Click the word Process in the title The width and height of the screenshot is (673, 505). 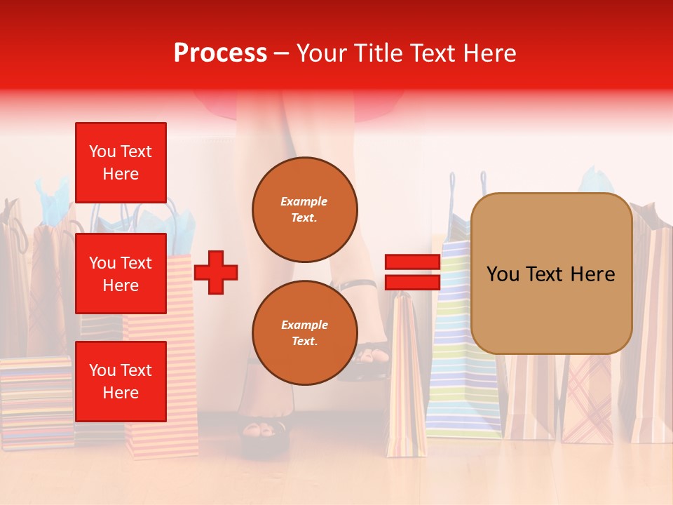(x=220, y=53)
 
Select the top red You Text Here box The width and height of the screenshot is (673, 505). (x=121, y=163)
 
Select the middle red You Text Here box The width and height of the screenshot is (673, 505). (x=121, y=274)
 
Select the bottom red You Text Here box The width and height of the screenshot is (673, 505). (x=121, y=381)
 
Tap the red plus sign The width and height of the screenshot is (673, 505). (x=216, y=272)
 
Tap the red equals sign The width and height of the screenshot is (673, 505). (x=412, y=272)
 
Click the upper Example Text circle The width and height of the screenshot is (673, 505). (x=304, y=210)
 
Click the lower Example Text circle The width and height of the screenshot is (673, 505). (x=304, y=332)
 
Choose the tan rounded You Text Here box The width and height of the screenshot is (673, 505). (x=551, y=274)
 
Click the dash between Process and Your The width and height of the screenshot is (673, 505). (x=281, y=54)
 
